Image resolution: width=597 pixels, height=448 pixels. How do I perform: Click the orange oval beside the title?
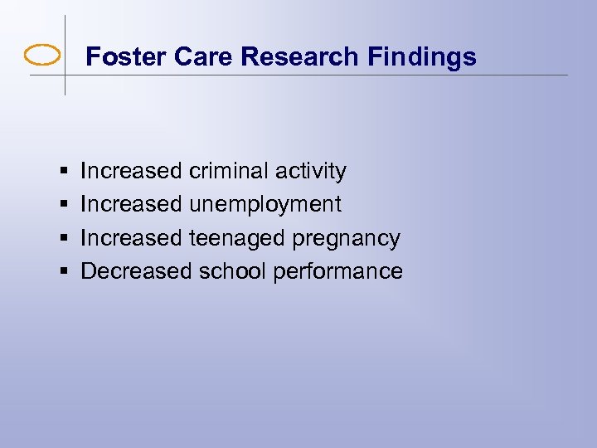click(x=42, y=56)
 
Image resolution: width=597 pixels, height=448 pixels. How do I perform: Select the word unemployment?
click(x=265, y=205)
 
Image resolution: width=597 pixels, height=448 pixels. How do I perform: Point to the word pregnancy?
click(x=347, y=239)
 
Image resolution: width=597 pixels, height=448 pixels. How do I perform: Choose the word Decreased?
click(x=136, y=271)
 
